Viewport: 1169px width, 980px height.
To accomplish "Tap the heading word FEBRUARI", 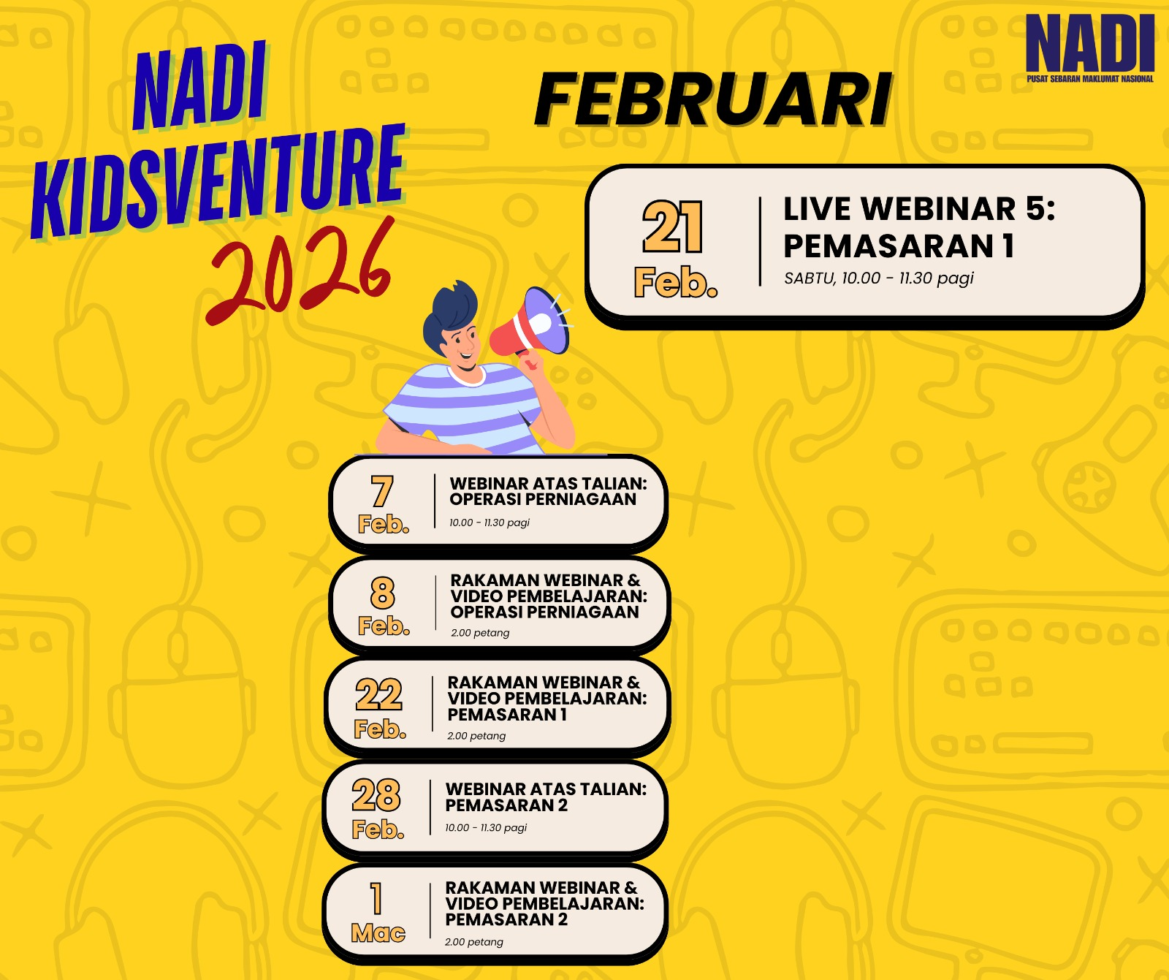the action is (x=713, y=99).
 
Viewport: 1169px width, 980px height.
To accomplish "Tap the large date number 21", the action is (x=673, y=227).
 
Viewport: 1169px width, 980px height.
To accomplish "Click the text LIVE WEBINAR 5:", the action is (x=919, y=209).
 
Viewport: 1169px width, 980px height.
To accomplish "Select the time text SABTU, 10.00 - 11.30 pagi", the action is (x=879, y=278).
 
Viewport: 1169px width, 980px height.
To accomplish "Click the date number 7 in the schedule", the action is (x=382, y=491).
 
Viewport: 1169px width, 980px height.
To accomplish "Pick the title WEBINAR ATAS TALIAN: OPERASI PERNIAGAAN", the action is (x=548, y=491).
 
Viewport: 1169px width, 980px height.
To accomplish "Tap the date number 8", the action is (x=382, y=593).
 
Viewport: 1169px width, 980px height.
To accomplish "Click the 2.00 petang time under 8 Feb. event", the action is (x=480, y=633).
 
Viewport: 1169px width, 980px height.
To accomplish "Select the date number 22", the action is (x=378, y=694).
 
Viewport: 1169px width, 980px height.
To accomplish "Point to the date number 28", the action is (x=376, y=795).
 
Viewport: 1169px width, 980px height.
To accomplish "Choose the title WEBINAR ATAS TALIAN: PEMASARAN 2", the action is (x=546, y=797).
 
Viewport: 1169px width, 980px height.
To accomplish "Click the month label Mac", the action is (x=378, y=932).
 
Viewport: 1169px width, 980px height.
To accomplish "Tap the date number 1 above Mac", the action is (x=376, y=898).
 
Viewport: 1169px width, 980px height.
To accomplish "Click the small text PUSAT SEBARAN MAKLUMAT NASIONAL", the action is (x=1090, y=79).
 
